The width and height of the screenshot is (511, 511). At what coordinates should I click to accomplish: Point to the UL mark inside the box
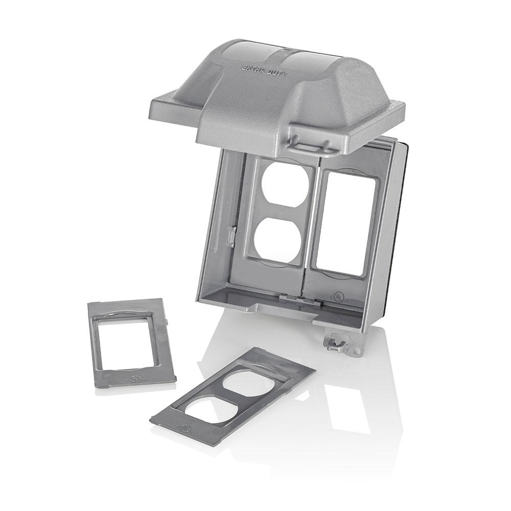click(338, 296)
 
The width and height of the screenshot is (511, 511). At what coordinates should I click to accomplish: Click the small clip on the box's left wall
click(231, 236)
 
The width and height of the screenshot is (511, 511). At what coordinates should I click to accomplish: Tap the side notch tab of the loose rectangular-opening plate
click(167, 321)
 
